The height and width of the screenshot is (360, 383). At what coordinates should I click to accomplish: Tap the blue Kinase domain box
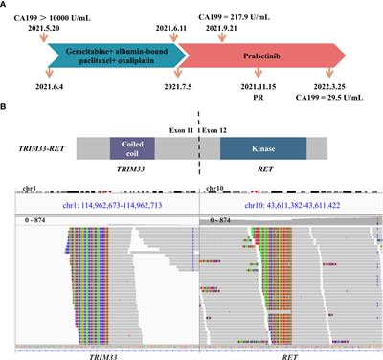[262, 151]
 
